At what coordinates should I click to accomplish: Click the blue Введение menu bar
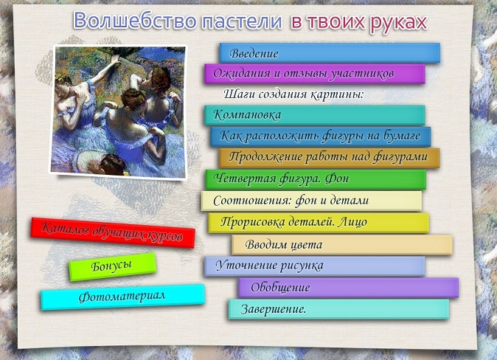click(x=330, y=52)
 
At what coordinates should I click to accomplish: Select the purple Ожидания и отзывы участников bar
click(x=315, y=74)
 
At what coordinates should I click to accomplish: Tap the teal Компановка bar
click(x=315, y=115)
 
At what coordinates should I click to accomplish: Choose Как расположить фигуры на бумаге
click(x=321, y=136)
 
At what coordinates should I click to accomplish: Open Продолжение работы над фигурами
click(x=330, y=158)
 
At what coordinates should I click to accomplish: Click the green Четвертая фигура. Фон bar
click(x=316, y=179)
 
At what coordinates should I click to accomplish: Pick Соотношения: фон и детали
click(x=312, y=201)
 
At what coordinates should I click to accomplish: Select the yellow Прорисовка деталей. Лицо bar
click(x=319, y=223)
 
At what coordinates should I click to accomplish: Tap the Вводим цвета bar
click(x=342, y=244)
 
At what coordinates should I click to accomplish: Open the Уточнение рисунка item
click(x=315, y=266)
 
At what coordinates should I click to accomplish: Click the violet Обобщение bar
click(x=348, y=288)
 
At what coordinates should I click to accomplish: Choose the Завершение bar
click(x=339, y=309)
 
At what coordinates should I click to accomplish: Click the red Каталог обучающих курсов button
click(x=113, y=232)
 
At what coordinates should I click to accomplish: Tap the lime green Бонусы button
click(x=113, y=267)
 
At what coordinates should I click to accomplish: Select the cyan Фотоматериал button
click(x=122, y=297)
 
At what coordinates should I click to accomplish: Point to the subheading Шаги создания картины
click(x=293, y=94)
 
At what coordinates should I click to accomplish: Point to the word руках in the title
click(x=398, y=23)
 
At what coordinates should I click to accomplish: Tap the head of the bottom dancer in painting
click(x=113, y=164)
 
